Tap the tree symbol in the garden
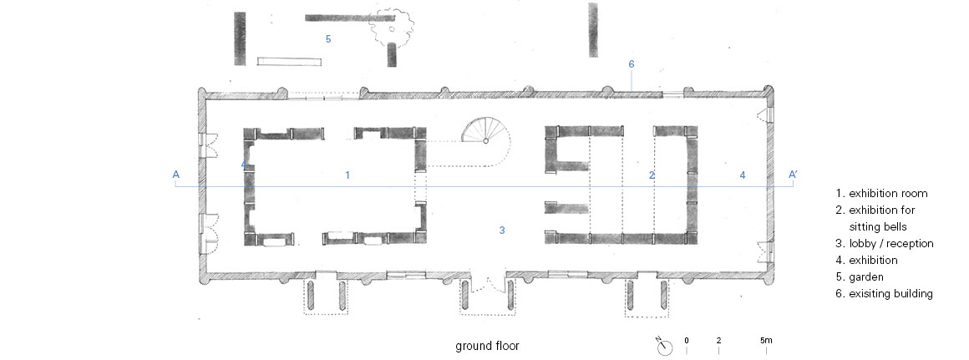tap(391, 25)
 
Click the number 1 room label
tap(348, 175)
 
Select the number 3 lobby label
tap(502, 231)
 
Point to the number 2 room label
tap(652, 175)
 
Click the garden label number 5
tap(328, 39)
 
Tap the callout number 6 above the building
tap(631, 64)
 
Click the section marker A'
tap(793, 175)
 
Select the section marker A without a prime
tap(176, 175)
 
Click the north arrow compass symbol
tap(664, 347)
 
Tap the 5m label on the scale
tap(766, 340)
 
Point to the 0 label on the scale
tap(687, 340)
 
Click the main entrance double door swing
tap(489, 286)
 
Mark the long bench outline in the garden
tap(289, 60)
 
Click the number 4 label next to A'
tap(743, 175)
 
